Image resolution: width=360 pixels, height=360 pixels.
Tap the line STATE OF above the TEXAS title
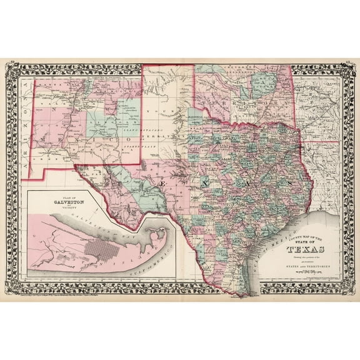304,244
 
